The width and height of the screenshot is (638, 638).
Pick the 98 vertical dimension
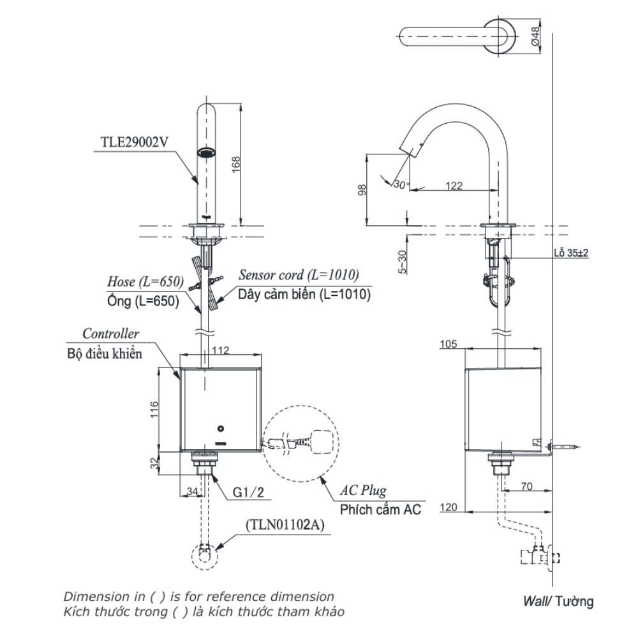[362, 191]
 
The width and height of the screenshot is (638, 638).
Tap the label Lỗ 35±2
[570, 253]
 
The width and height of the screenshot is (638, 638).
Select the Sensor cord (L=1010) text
[299, 275]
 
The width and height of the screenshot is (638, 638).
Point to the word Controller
[110, 334]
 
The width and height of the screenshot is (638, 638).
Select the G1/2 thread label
[248, 492]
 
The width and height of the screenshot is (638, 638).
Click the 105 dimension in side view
[449, 345]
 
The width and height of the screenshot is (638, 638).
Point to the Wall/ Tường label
[558, 600]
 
